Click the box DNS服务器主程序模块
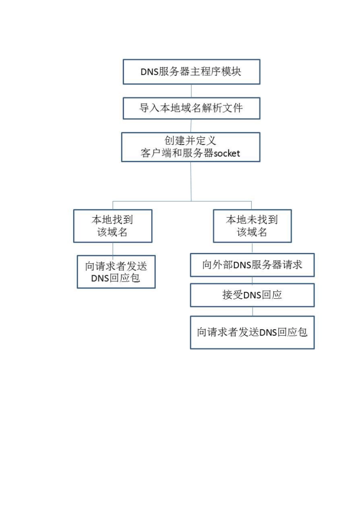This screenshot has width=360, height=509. [x=191, y=72]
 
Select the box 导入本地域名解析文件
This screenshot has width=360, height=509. [x=191, y=108]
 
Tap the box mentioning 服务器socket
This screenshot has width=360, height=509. [x=191, y=147]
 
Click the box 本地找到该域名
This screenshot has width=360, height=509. [x=113, y=226]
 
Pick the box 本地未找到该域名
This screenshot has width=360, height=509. [x=252, y=226]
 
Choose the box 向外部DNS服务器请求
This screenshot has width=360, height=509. [x=252, y=265]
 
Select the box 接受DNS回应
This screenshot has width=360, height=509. [x=252, y=295]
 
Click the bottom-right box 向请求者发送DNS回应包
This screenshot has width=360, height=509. [x=252, y=333]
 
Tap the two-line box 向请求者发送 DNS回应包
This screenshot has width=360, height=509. [x=116, y=272]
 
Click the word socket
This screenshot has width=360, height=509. [x=227, y=154]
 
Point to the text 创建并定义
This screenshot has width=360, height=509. [x=190, y=141]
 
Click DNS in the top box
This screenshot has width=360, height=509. [x=149, y=72]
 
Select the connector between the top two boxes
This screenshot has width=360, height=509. [x=191, y=91]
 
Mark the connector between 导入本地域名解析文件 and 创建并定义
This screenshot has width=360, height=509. [x=191, y=126]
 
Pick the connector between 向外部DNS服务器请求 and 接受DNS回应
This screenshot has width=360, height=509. [x=252, y=280]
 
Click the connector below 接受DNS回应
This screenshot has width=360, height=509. [x=252, y=311]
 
